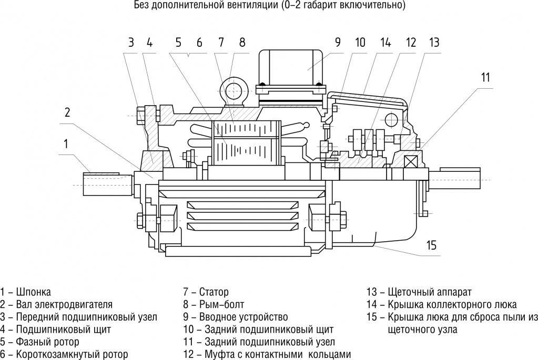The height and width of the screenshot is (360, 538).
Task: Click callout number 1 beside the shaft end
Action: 66,143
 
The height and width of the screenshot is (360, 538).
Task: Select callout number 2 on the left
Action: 67,112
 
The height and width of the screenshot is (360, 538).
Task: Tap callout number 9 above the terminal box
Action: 338,43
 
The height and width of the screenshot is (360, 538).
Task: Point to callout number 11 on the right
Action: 485,77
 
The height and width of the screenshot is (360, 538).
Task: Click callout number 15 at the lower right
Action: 432,244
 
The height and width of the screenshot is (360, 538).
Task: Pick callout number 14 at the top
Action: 386,43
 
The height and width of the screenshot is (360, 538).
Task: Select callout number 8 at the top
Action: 242,43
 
